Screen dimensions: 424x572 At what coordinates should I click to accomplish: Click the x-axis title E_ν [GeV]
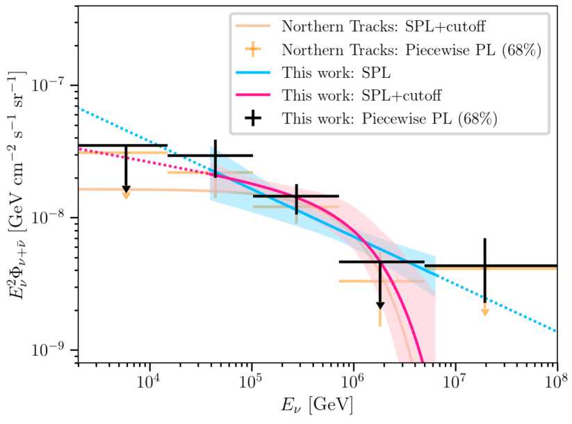point(318,406)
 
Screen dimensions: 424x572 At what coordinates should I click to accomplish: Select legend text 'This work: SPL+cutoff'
point(363,95)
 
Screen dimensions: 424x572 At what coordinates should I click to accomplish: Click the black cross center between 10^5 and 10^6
point(297,196)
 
